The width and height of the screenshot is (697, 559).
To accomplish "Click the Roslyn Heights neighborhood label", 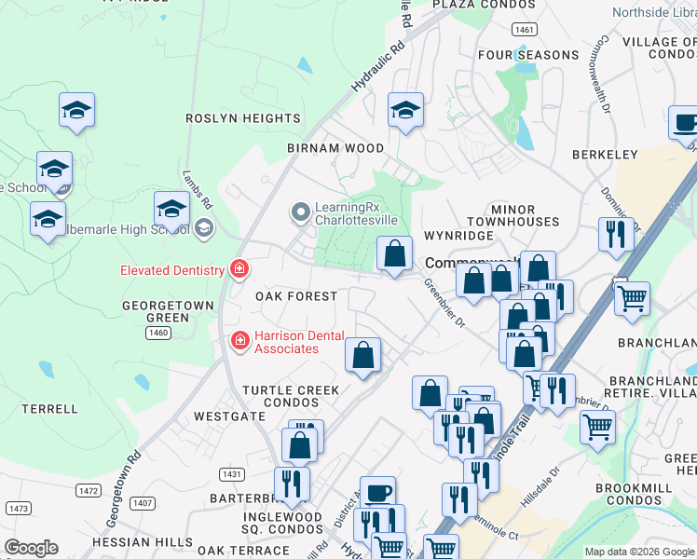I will pyautogui.click(x=242, y=118).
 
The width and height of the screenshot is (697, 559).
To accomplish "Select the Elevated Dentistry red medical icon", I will pyautogui.click(x=239, y=270).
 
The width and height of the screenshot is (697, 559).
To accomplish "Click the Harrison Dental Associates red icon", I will pyautogui.click(x=239, y=341).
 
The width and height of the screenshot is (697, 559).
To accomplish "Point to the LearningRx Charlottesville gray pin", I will pyautogui.click(x=300, y=213).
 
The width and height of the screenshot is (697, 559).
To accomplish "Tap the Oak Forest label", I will pyautogui.click(x=296, y=296).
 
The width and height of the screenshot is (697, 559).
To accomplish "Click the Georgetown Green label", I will pyautogui.click(x=156, y=311).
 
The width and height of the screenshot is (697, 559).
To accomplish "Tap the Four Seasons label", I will pyautogui.click(x=528, y=55).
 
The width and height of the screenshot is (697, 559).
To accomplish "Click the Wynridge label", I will pyautogui.click(x=458, y=236).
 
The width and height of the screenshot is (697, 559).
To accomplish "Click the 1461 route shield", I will pyautogui.click(x=525, y=30).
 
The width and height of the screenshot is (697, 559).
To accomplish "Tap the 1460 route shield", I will pyautogui.click(x=158, y=333).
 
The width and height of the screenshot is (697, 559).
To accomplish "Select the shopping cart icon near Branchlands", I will pyautogui.click(x=633, y=300).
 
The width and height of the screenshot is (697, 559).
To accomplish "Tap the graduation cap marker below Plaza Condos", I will pyautogui.click(x=405, y=112).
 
